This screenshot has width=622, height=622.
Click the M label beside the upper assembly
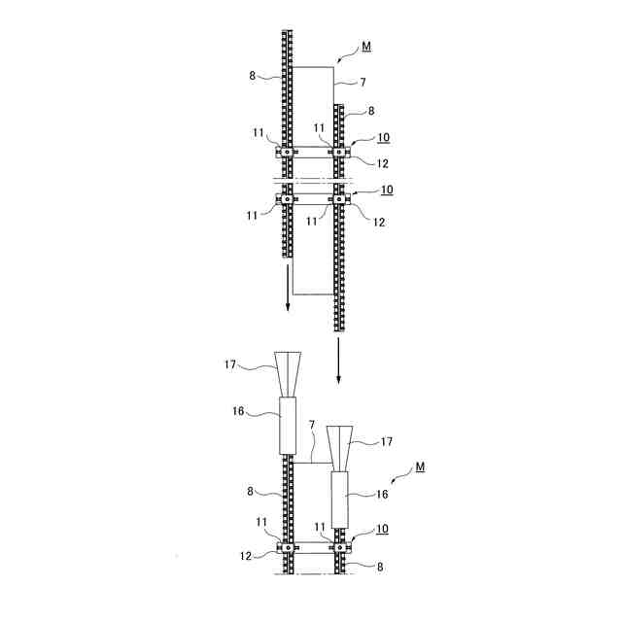point(366,47)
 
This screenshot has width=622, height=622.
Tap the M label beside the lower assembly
point(420,466)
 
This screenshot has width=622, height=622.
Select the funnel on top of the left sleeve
point(288,373)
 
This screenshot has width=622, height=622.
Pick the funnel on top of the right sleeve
point(340,449)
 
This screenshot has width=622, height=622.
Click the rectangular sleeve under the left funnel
point(288,426)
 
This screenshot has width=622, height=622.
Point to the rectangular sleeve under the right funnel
point(340,500)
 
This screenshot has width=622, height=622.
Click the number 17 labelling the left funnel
point(230,364)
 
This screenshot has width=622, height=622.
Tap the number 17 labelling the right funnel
point(387,441)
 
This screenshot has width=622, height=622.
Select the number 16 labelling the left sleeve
point(238,411)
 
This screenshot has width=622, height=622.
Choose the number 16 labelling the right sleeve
point(382,495)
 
